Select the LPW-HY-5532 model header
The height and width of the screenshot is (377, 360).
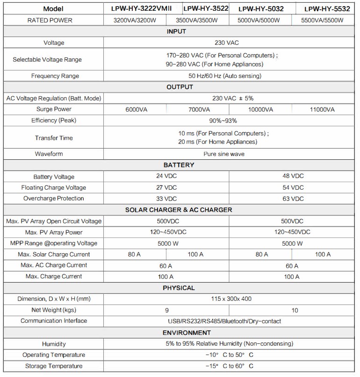(327, 8)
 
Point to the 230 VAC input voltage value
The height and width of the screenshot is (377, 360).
(227, 43)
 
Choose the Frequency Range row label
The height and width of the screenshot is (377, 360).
(55, 76)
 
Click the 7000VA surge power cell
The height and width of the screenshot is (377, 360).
(198, 109)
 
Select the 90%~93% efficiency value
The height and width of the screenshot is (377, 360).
(227, 121)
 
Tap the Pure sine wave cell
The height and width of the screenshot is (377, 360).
(227, 154)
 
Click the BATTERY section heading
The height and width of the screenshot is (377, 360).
(179, 165)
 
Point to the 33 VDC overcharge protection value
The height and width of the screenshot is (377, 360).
(167, 198)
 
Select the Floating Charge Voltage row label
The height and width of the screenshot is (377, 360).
(54, 187)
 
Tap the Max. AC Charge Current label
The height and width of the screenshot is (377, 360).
(54, 265)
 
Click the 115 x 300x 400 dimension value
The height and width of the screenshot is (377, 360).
(227, 299)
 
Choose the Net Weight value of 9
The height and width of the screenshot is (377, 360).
(167, 310)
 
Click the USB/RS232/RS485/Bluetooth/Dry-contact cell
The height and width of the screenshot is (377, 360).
(227, 321)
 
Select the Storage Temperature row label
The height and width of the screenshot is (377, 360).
(54, 366)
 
